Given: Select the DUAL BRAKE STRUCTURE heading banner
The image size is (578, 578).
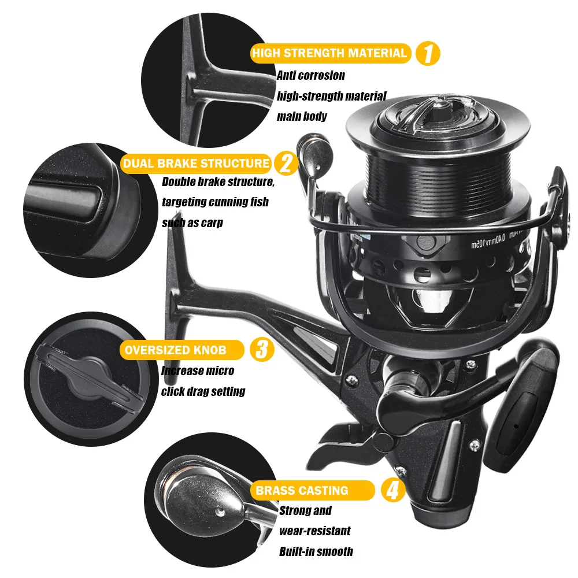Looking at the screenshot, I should coord(196,163).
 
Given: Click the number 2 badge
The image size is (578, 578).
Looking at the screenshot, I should coord(285,164).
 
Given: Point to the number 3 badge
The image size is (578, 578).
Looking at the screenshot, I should coord(261,350).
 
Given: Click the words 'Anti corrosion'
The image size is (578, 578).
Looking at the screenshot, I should coord(310,75).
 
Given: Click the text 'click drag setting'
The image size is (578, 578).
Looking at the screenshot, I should coord(203,391).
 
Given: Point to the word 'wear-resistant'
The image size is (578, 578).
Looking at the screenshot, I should coord(314,531).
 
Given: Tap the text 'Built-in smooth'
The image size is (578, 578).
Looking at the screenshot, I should coord(316,551).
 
